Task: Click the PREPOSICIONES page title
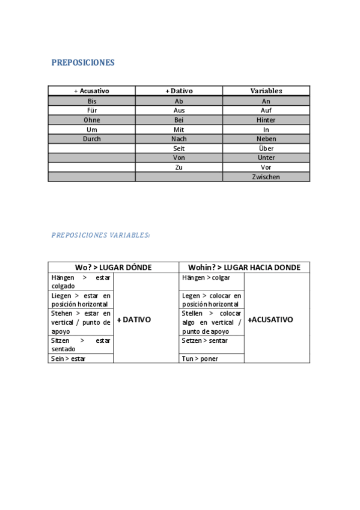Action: tap(83, 63)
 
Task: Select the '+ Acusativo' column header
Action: tap(91, 91)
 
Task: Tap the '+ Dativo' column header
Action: tap(178, 91)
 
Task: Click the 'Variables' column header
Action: tap(266, 91)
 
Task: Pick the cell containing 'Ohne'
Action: tap(91, 120)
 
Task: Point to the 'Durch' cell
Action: tap(91, 139)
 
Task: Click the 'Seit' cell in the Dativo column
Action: tap(178, 148)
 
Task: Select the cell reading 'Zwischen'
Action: tap(266, 177)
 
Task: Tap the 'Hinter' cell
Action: tap(266, 120)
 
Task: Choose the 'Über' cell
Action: tap(266, 148)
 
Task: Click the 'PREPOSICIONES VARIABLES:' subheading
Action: tap(100, 235)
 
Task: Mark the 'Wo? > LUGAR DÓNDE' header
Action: tap(113, 267)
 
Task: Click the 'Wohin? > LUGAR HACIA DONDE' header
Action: tap(244, 267)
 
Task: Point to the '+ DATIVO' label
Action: tap(133, 319)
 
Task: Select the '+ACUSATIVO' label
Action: tap(270, 319)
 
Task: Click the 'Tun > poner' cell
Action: tap(200, 358)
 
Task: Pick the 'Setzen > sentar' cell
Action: tap(205, 340)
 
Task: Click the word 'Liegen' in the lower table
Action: tap(61, 295)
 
